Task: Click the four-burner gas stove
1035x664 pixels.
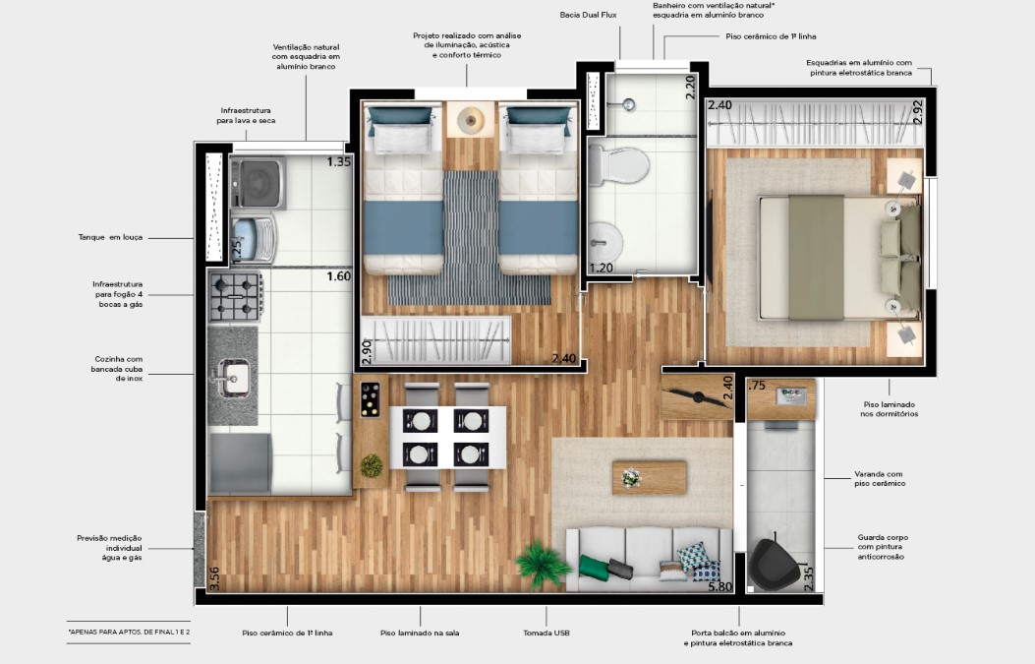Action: pos(236,297)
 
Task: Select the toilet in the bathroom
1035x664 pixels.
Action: pos(618,164)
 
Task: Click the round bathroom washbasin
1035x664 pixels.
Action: pos(604,242)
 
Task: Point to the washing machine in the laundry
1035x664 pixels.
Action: pos(258,182)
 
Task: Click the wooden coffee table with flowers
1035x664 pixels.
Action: pos(650,477)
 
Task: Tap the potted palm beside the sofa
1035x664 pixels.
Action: pos(543,565)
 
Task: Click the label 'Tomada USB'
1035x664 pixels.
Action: pos(546,633)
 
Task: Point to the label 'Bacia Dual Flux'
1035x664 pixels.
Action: pos(588,15)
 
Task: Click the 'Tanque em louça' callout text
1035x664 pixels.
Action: pos(110,237)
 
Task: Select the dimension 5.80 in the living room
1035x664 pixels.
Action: pos(719,586)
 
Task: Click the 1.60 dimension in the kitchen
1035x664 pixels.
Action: pos(339,276)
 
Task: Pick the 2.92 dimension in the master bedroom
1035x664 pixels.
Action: pos(917,112)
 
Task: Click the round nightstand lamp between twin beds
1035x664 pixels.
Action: pos(471,120)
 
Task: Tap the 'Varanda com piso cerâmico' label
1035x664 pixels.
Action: pos(880,478)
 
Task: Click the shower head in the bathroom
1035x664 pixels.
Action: pos(630,104)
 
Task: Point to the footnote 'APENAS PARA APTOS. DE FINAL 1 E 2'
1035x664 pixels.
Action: pos(129,633)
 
